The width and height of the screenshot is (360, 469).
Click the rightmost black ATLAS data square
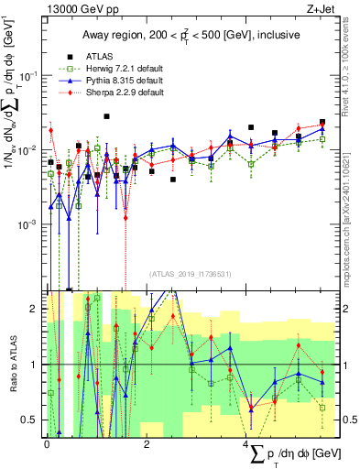(x=322, y=122)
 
